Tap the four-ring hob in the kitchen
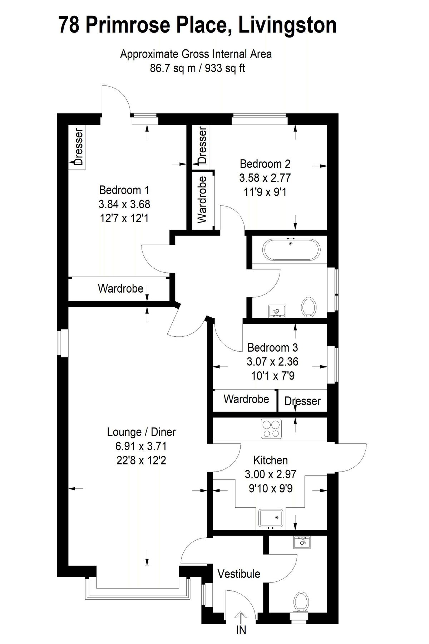(x=271, y=429)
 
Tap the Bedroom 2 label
(x=265, y=164)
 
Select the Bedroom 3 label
(x=272, y=347)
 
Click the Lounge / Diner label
(x=141, y=432)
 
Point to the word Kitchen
(x=270, y=460)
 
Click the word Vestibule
(x=239, y=574)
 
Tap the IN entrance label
(x=241, y=630)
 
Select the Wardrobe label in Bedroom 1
(x=120, y=288)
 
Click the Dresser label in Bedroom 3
(x=302, y=401)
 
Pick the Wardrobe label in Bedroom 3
(x=246, y=399)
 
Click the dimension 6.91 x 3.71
(x=141, y=446)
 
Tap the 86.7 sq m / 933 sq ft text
(x=197, y=68)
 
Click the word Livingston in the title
(x=287, y=25)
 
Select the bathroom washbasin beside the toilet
(x=276, y=311)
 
